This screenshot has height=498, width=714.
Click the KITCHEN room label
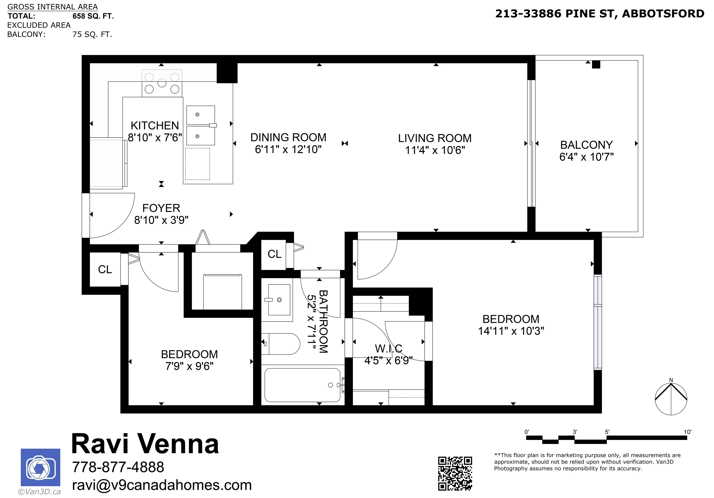(x=155, y=125)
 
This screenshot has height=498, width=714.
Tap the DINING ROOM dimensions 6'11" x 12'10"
(x=288, y=149)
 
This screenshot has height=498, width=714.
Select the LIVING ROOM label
(x=435, y=138)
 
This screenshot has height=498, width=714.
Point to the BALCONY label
(x=586, y=145)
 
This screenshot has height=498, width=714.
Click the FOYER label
(x=161, y=208)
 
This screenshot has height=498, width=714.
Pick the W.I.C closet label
(x=388, y=349)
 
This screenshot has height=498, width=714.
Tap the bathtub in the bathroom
(x=303, y=385)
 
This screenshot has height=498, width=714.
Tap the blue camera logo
(x=40, y=467)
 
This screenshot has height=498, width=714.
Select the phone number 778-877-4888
(x=118, y=467)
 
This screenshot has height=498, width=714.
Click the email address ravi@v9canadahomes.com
(x=162, y=485)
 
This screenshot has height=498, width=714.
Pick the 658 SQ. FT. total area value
(x=93, y=16)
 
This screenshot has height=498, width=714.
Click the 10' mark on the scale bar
(x=687, y=432)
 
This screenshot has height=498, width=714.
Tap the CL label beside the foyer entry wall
(x=105, y=269)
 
